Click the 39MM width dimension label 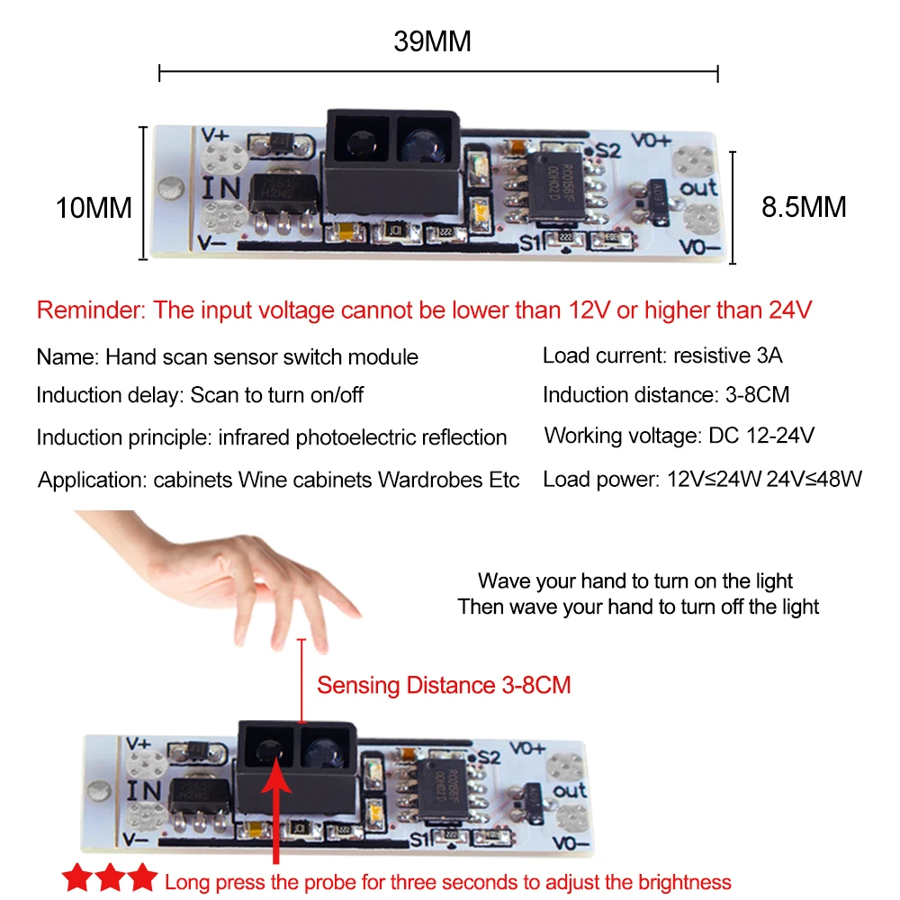coord(432,41)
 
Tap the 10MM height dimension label coord(94,208)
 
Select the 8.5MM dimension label coord(804,207)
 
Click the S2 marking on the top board coord(607,151)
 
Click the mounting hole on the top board coord(170,188)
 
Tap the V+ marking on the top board coord(215,136)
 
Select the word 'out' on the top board coord(698,188)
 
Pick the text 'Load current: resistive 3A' coord(662,355)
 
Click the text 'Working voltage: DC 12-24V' coord(679,436)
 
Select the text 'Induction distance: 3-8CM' coord(666,395)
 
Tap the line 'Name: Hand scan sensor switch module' coord(228,357)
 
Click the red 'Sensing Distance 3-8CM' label coord(444,685)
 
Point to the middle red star coord(110,877)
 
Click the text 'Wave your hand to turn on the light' coord(634,581)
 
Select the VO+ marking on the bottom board coord(527,749)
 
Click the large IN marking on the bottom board coord(143,791)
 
